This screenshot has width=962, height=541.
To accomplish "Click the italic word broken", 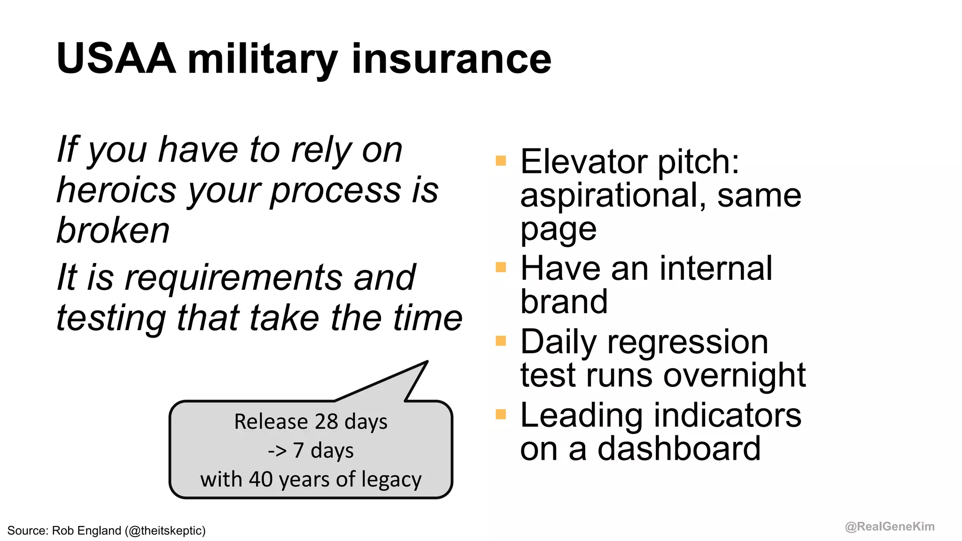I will point(113,231).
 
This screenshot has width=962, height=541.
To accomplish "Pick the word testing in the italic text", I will point(111,318).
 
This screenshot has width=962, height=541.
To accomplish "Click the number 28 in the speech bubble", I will point(326,421).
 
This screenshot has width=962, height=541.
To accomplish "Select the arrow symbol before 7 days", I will point(277,451).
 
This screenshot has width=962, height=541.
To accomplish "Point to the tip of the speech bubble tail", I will point(427,362).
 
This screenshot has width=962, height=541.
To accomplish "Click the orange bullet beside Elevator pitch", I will point(501,161).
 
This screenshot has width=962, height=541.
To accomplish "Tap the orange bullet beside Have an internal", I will point(501,267).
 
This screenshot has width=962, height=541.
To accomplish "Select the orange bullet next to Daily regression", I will point(501,340).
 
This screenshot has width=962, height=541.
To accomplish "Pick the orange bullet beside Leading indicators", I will point(501,414).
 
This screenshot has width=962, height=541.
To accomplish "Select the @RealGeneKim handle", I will point(890,526).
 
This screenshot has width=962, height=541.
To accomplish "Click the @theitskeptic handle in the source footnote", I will point(165,531).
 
